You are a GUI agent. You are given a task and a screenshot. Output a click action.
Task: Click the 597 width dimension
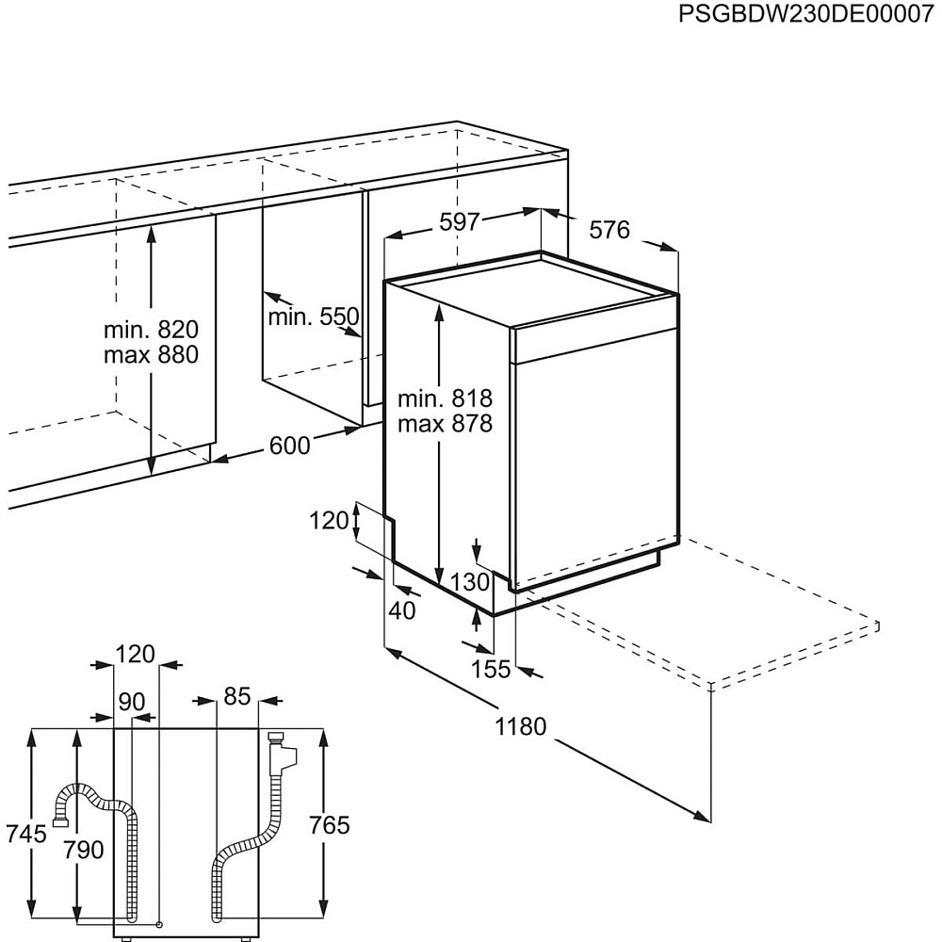tap(460, 221)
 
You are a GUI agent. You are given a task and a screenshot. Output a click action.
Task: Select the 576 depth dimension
tap(609, 230)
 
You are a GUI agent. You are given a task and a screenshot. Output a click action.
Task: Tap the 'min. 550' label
tap(313, 317)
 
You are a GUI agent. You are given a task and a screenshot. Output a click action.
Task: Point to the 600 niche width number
tap(289, 446)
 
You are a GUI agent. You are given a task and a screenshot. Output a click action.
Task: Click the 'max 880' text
tap(151, 354)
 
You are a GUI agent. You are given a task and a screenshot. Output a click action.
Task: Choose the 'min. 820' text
tap(151, 329)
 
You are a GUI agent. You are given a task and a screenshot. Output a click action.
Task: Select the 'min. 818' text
tap(446, 398)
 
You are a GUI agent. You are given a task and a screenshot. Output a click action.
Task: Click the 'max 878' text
tap(446, 424)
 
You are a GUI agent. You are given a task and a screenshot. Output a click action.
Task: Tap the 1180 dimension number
tap(520, 726)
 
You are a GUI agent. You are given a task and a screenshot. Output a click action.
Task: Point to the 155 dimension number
tap(490, 669)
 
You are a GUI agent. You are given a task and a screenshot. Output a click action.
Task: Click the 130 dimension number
tap(470, 581)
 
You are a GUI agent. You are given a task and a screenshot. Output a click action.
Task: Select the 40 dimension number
tap(402, 610)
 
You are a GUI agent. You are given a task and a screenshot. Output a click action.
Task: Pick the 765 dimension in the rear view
tap(329, 825)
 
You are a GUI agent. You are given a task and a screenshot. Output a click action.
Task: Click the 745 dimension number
tap(25, 834)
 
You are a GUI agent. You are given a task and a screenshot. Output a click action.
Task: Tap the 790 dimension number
tap(84, 850)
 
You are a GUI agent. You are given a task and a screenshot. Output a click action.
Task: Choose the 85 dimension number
tap(236, 696)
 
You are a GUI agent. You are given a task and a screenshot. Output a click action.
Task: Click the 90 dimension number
tap(132, 701)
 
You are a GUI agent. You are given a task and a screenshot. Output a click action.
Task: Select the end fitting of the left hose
tap(60, 821)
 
